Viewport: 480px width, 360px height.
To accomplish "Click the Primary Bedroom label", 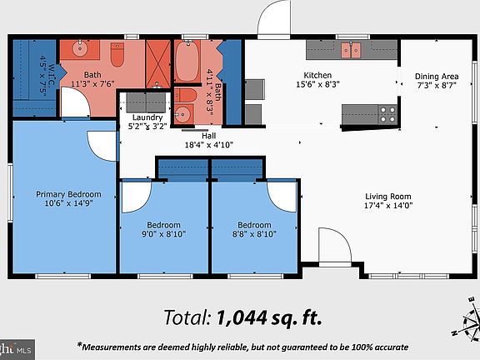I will [62, 194].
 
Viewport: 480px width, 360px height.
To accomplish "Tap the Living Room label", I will [389, 197].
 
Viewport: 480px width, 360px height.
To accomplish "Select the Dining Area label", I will [437, 77].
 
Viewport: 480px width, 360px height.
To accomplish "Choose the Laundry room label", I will [147, 119].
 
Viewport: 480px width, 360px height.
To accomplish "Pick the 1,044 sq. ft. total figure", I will [268, 317].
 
